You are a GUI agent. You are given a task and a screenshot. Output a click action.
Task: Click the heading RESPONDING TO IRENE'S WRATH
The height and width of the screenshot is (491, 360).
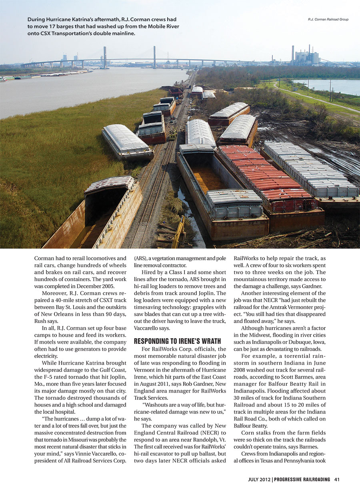point(177,341)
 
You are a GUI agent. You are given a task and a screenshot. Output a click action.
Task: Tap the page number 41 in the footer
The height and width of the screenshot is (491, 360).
point(337,479)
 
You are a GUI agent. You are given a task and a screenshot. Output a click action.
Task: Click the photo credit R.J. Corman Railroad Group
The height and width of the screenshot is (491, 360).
point(328,19)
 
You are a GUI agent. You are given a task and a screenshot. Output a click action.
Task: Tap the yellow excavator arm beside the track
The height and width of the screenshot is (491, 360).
point(178,232)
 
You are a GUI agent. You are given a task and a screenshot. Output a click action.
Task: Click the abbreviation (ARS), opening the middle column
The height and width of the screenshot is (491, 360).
point(142,258)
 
